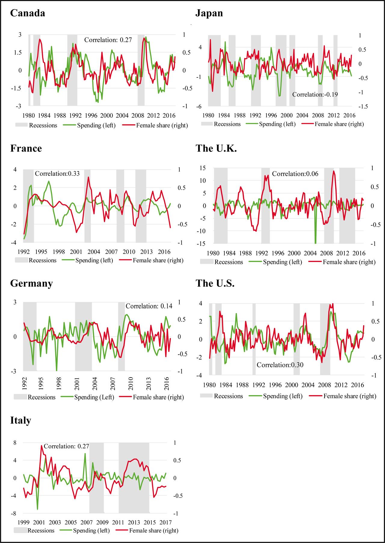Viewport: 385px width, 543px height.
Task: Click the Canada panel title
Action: point(28,13)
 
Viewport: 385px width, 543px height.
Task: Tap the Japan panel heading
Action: point(209,13)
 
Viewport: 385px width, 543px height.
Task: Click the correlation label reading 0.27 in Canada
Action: point(108,40)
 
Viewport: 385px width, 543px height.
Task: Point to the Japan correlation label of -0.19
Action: point(315,95)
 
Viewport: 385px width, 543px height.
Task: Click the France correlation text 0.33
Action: point(57,173)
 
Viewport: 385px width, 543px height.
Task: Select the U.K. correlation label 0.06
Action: point(295,174)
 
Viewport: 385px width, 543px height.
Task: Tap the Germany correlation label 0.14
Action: point(149,306)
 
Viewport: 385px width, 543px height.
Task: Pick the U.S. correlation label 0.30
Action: point(280,365)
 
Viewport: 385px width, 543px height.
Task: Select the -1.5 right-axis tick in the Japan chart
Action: point(362,107)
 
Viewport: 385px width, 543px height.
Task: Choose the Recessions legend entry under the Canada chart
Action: point(36,125)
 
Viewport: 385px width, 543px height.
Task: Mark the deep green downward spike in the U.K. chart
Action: point(316,238)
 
